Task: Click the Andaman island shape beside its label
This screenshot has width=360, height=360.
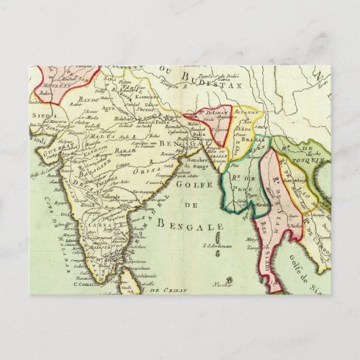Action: pyautogui.click(x=222, y=255)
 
